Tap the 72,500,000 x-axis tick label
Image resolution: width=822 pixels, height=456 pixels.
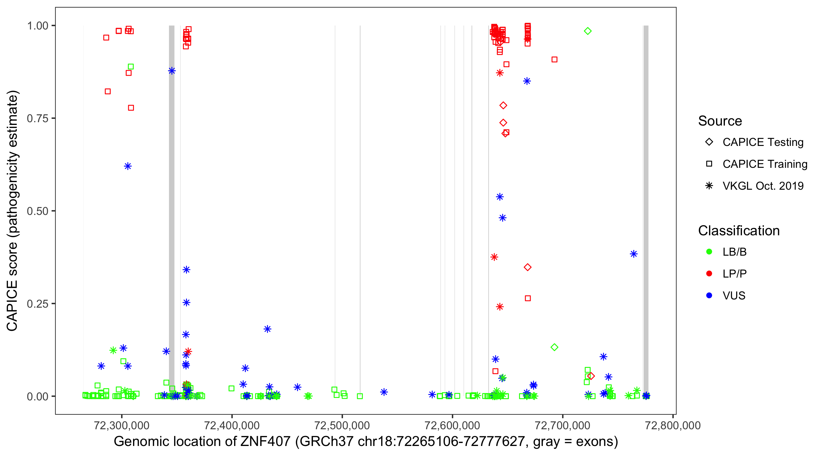tap(342, 425)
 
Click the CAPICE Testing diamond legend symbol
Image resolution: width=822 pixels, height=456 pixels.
tap(709, 142)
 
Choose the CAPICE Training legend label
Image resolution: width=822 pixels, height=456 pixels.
tap(765, 164)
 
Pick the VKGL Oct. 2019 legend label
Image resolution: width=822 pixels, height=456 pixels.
tap(763, 186)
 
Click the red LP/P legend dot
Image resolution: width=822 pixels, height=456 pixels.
tap(709, 274)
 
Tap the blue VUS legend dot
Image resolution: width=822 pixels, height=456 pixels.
tap(709, 296)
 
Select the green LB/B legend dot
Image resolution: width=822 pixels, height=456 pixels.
tap(709, 252)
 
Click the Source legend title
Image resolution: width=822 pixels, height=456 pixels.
tap(720, 121)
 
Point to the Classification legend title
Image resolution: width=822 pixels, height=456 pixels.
tap(739, 231)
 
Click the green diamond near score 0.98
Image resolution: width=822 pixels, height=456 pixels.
tap(588, 31)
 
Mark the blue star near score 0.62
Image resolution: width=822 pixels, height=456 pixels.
tap(128, 166)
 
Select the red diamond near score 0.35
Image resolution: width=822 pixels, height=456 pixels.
tap(528, 267)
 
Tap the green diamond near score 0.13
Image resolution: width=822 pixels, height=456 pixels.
tap(554, 347)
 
